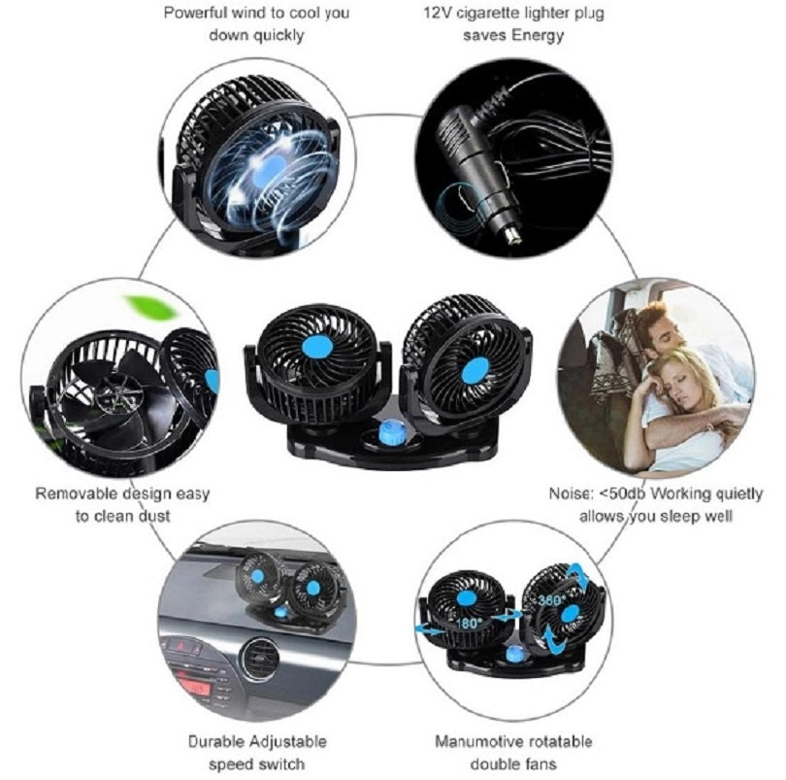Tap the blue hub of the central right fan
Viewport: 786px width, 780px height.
tap(475, 370)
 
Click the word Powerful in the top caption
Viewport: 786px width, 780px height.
tap(194, 14)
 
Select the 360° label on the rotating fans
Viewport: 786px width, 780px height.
tap(554, 600)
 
